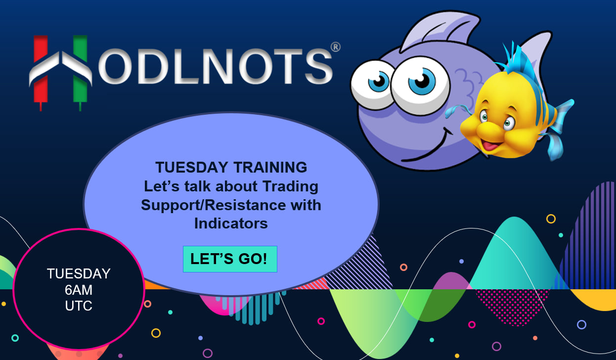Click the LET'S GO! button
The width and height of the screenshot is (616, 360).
(230, 259)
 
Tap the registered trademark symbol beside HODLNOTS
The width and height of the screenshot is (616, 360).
(336, 47)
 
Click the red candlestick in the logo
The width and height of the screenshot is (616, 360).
(41, 72)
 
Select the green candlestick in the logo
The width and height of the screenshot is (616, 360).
(80, 72)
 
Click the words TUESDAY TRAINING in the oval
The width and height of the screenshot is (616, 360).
(231, 167)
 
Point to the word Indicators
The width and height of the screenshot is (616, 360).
(231, 224)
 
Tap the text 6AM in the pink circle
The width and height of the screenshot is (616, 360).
(79, 290)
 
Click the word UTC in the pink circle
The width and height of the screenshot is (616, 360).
(79, 306)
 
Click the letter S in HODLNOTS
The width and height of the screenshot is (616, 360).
(319, 66)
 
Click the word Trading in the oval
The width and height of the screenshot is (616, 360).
(290, 187)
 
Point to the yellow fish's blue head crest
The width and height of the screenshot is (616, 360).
(517, 59)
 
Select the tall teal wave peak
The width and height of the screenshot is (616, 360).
(514, 253)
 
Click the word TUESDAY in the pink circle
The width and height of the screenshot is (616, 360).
(79, 274)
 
